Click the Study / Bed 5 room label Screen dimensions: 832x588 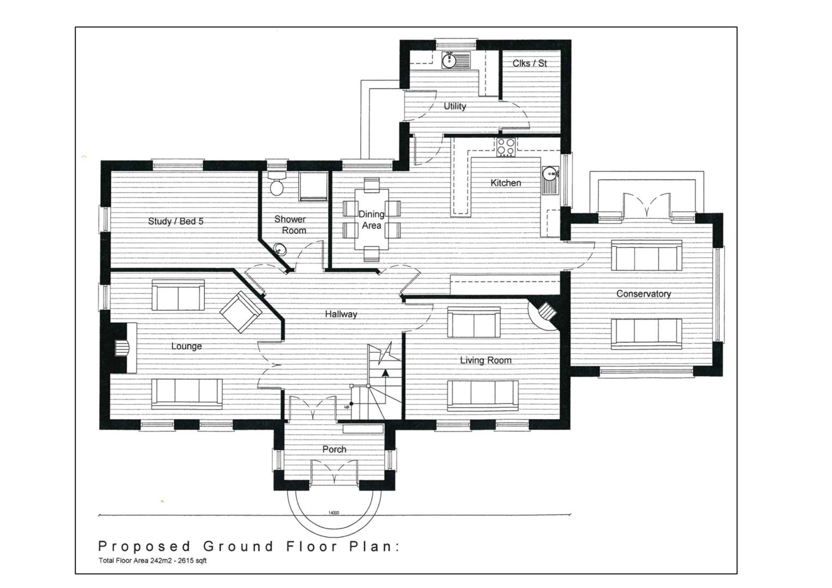coord(175,221)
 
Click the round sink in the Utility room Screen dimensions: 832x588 coord(449,60)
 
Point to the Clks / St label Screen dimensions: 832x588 coord(530,63)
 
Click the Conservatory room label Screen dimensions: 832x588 coord(643,293)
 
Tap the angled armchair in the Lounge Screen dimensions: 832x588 coord(241,311)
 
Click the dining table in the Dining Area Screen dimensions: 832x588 coord(372,219)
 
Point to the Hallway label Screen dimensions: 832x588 coord(341,315)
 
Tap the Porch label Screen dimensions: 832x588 coord(335,450)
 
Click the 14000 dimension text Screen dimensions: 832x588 coord(334,513)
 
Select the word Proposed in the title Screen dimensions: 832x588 coord(144,547)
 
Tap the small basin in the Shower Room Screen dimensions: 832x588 coord(280,249)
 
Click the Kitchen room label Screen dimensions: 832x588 coord(506,182)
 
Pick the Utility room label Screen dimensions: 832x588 coord(455,106)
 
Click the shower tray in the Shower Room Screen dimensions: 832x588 coord(314,187)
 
